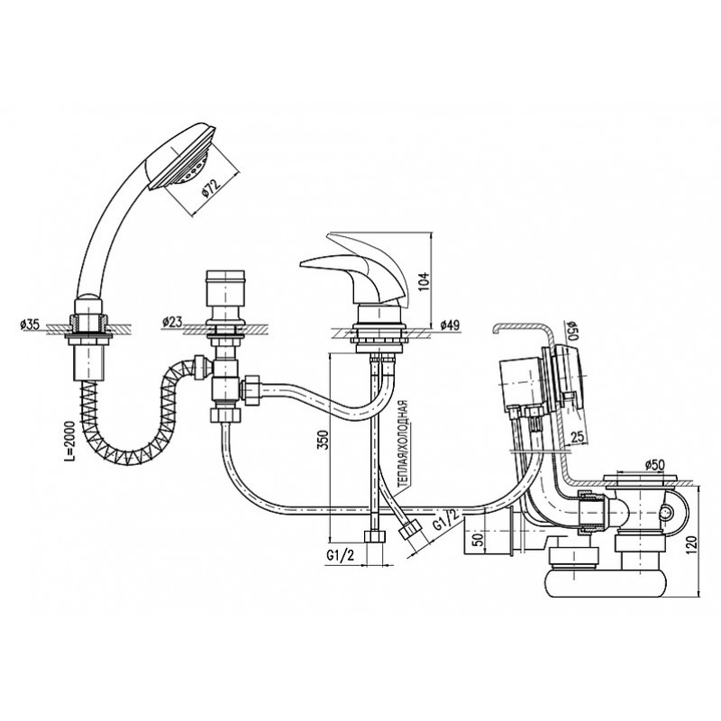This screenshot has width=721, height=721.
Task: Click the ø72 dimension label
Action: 212,187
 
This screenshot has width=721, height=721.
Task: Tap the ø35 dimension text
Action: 30,325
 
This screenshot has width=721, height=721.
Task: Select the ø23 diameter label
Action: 173,323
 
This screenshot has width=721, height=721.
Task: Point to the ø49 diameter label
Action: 450,325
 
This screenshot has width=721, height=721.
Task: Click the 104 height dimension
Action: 424,281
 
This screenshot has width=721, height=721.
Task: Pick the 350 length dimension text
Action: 324,440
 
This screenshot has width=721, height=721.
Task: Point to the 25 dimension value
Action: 578,437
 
